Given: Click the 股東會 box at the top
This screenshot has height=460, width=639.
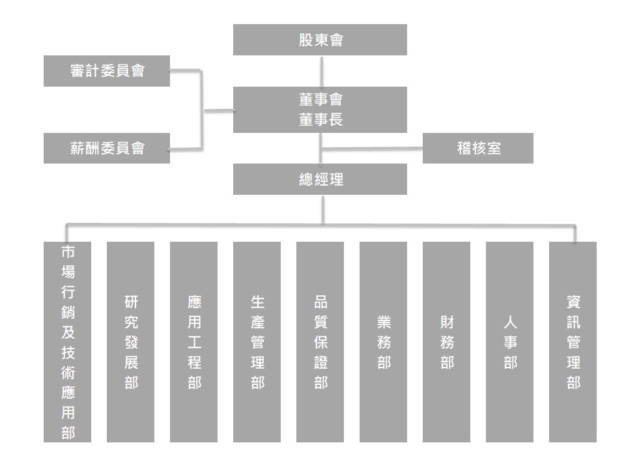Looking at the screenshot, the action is (320, 40).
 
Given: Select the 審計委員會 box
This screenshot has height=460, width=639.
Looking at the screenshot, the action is (107, 71).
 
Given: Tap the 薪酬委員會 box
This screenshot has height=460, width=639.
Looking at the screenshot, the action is (107, 148).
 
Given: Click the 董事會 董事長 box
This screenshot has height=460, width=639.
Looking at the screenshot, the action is (320, 109).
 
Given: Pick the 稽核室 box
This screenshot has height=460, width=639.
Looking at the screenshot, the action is (478, 148).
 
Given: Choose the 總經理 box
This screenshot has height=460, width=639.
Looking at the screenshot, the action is (320, 179).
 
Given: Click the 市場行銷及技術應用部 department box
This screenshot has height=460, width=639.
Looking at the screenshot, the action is (67, 341).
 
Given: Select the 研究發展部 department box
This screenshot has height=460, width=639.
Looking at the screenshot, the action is (130, 341).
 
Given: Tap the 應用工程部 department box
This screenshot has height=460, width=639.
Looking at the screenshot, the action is (193, 341).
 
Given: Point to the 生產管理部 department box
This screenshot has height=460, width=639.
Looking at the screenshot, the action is (257, 341).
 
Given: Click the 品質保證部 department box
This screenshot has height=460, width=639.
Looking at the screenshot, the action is (320, 341).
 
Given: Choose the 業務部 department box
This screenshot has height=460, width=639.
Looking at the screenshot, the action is (383, 341).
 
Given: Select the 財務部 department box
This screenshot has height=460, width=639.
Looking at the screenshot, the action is (446, 341).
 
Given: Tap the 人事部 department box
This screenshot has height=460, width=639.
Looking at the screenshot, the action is (509, 341).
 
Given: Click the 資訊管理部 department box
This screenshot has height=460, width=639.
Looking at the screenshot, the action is (573, 341).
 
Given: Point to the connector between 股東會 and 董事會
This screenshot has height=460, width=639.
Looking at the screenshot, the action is (322, 72).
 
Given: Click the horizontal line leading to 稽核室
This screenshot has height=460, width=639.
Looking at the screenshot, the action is (372, 149).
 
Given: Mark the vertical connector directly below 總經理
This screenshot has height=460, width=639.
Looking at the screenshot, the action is (323, 210).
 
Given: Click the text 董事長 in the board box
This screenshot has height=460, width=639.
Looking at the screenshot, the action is (320, 120).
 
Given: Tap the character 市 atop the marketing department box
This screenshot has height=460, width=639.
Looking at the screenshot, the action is (68, 252).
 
